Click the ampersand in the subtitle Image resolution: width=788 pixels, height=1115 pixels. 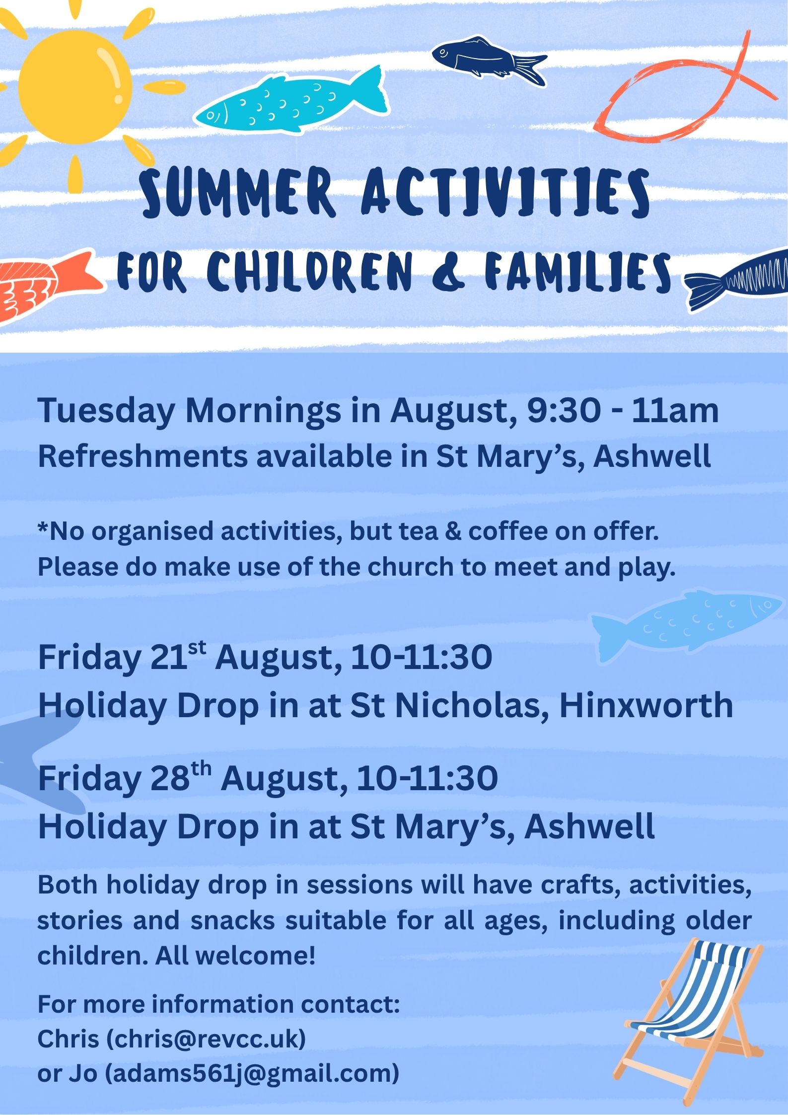447,272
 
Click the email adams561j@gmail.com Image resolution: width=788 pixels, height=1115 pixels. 252,1073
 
